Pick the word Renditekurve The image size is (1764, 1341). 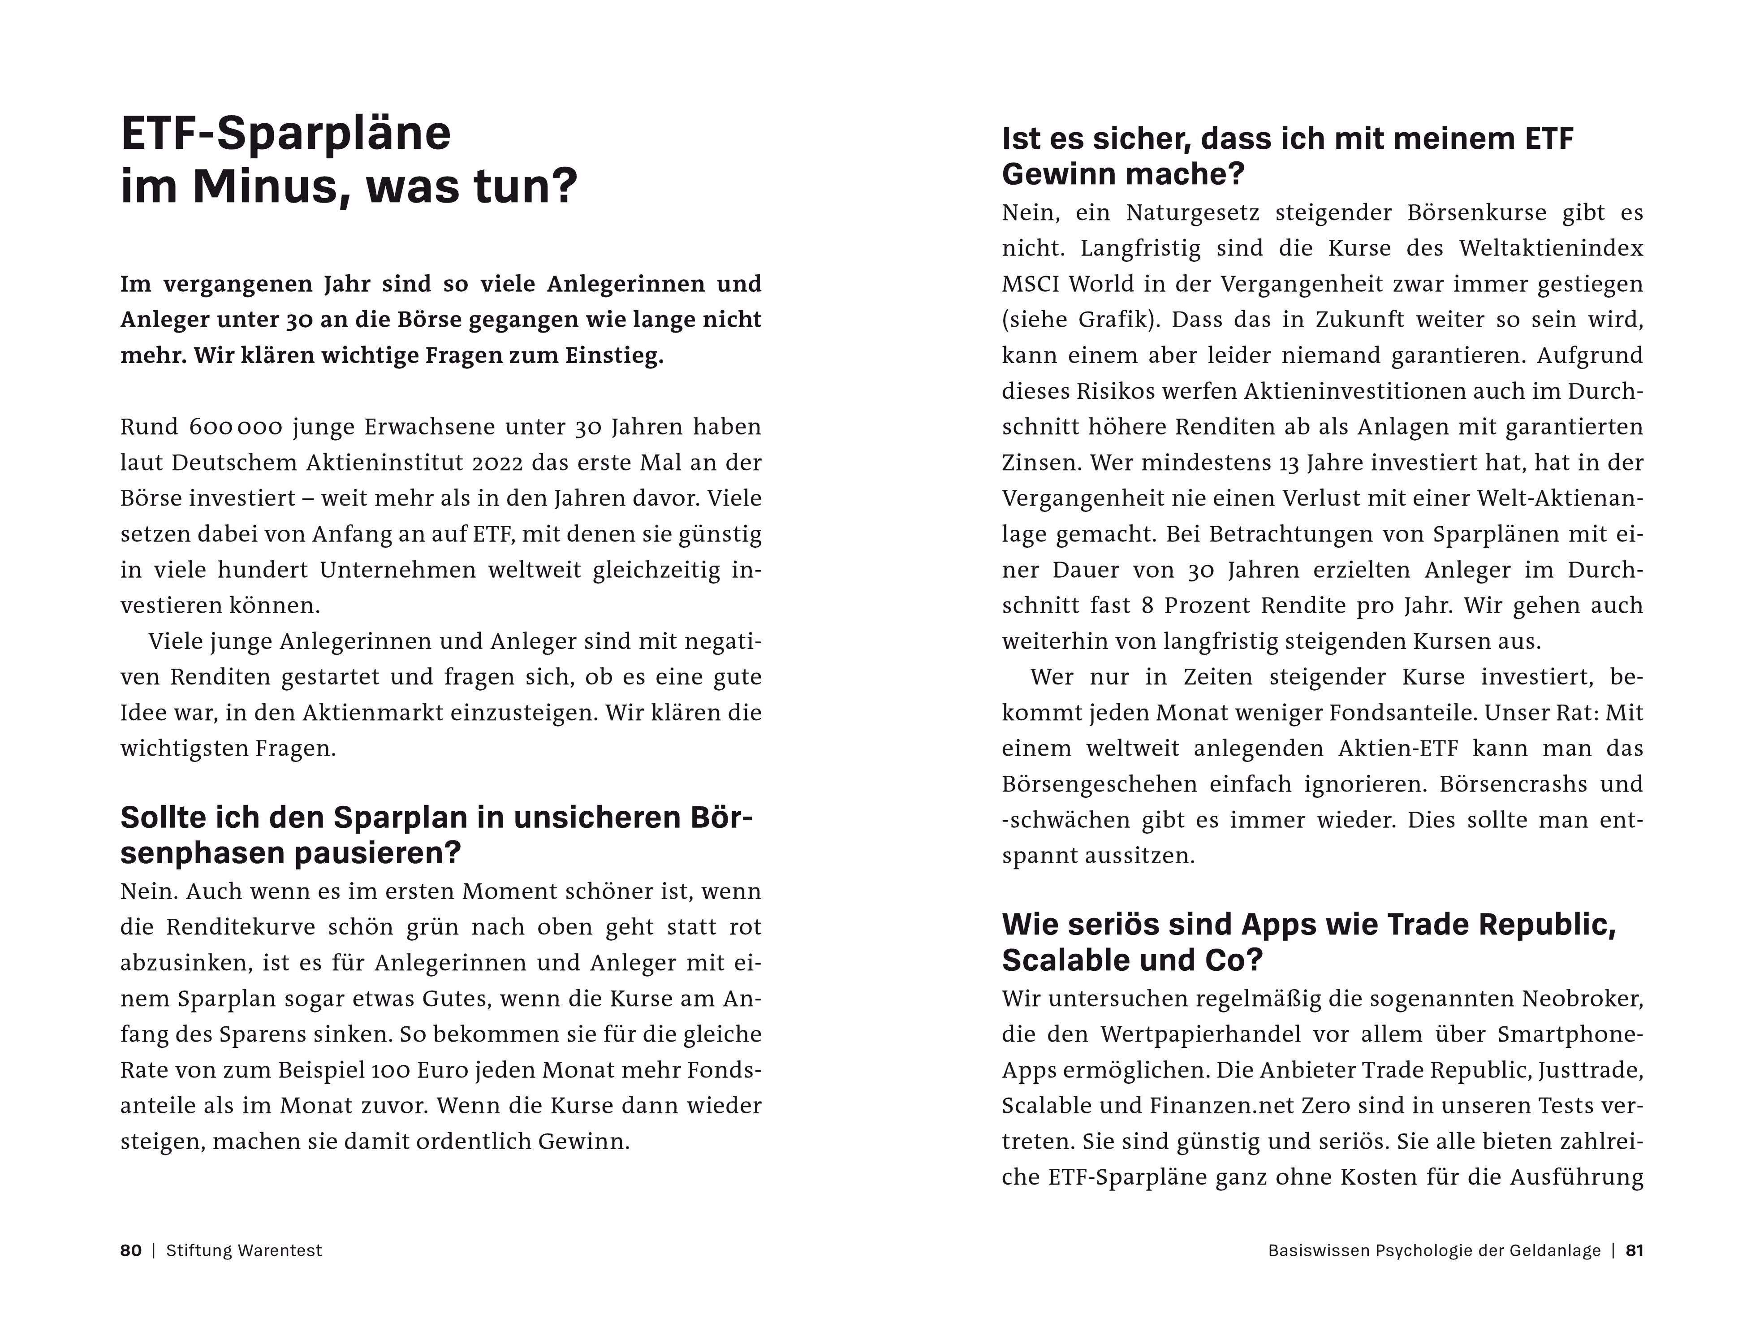click(242, 927)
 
